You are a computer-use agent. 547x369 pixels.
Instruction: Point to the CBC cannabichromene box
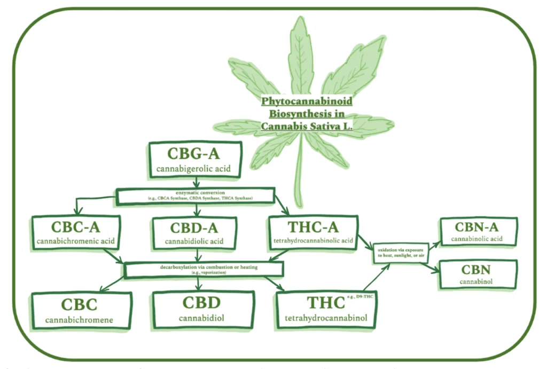click(x=80, y=310)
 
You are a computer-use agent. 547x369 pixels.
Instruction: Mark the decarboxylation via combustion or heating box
click(x=204, y=269)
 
